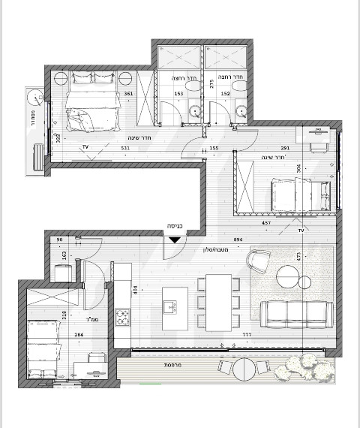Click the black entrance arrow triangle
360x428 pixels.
click(x=174, y=240)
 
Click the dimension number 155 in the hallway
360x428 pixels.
click(x=214, y=149)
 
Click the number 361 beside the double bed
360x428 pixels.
click(x=128, y=95)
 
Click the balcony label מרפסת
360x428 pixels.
click(x=175, y=364)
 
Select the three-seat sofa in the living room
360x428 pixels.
click(x=295, y=313)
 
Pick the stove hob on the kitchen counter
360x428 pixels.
click(x=122, y=318)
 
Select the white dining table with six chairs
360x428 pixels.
click(x=220, y=301)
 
